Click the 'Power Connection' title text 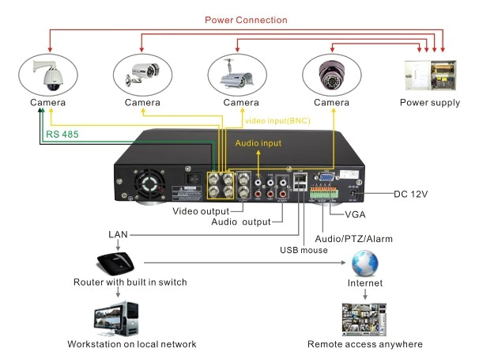[246, 20]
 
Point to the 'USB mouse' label [304, 251]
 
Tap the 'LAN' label [119, 235]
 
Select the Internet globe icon [364, 262]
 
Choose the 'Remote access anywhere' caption [364, 344]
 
